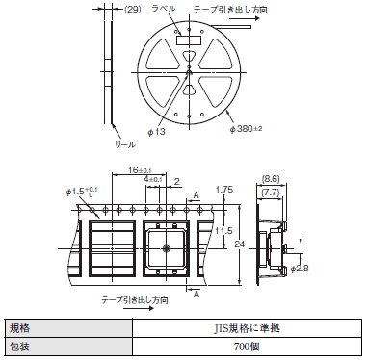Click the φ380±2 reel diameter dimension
(247, 129)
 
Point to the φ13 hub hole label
(156, 132)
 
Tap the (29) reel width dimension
(133, 10)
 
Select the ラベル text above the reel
(164, 9)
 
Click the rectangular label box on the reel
(189, 40)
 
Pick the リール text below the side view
(125, 144)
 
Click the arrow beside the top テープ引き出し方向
(244, 18)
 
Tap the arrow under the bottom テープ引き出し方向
(139, 309)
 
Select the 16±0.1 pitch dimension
(140, 169)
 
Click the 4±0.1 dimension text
(153, 179)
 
